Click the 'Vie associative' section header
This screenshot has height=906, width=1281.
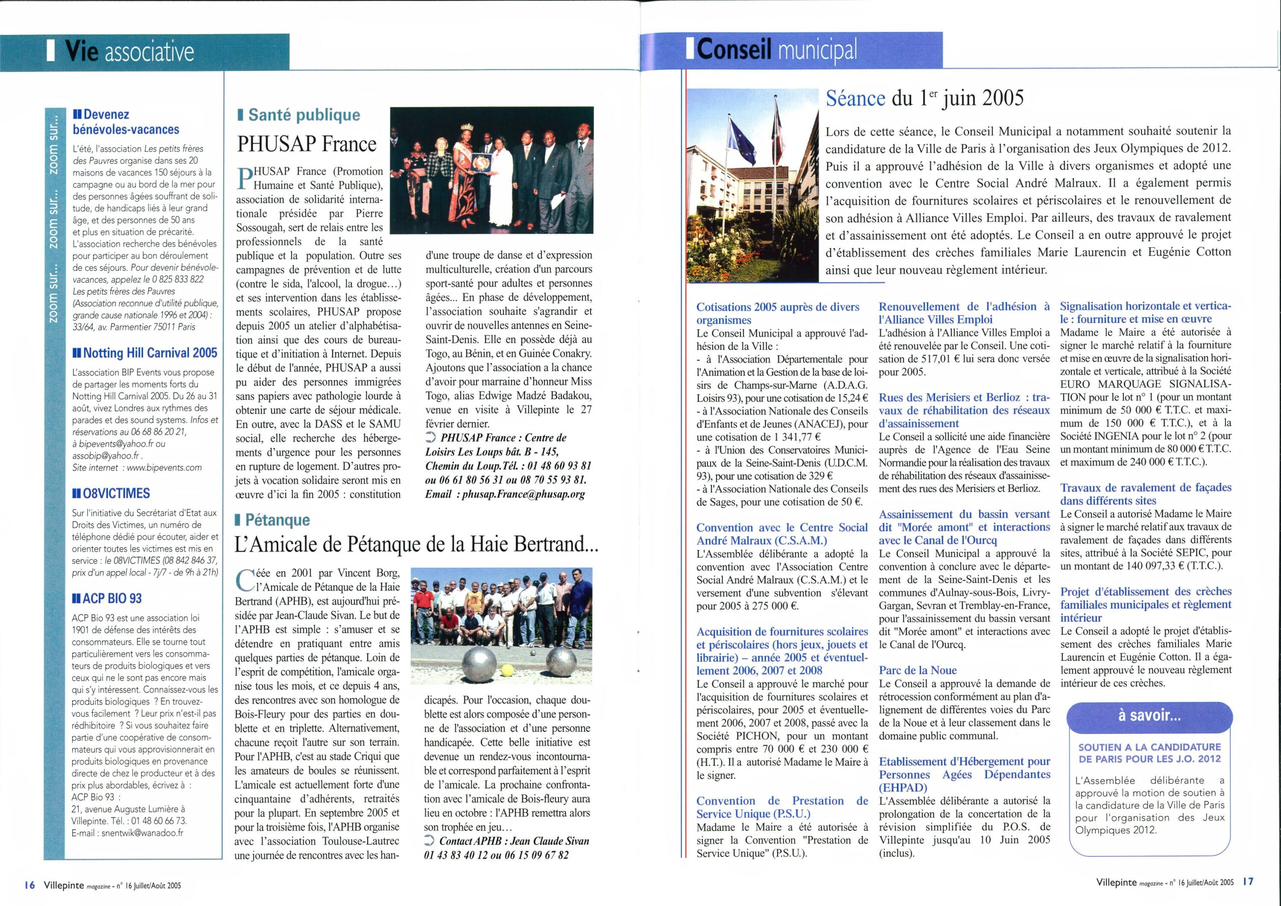130,52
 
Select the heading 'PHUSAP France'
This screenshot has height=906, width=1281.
307,144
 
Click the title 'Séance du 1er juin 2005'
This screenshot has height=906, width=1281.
925,99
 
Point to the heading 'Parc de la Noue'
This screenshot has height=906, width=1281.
917,670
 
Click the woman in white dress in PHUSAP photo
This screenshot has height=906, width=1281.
504,190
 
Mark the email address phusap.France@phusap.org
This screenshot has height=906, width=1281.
523,494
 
